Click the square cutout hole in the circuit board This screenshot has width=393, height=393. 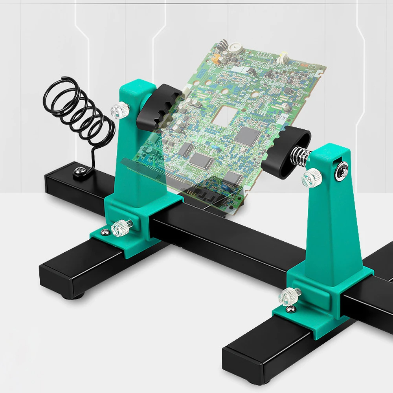click(x=224, y=114)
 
